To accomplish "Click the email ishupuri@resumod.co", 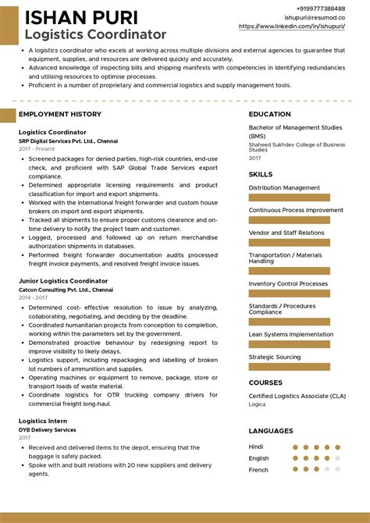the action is coord(315,16).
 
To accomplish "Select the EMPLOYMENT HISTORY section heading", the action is coord(60,114).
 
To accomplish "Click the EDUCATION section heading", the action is coord(270,114).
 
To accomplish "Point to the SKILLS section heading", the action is coord(261,174).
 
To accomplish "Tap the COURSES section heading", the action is coord(265,382).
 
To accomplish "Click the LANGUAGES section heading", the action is coord(271,431).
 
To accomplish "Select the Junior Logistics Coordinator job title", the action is coord(63,280).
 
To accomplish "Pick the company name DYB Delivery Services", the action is coord(48,429).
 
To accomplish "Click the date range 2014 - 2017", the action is coord(33,297).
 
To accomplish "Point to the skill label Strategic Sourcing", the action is coord(274,357).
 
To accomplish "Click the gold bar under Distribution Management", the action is coord(289,198).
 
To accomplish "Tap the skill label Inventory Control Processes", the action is coord(288,283).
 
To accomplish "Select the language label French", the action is coord(259,470).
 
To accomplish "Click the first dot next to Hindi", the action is coord(296,447).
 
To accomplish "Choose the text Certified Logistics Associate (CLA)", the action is coord(296,397).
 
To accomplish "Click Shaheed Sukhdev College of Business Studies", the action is coord(297,148).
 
